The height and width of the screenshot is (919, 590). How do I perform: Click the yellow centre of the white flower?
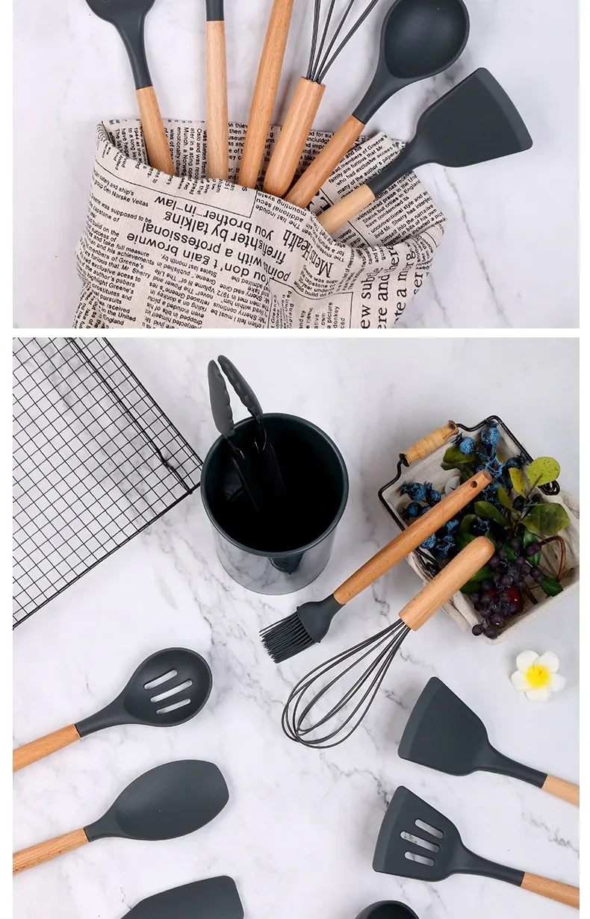[x=538, y=676]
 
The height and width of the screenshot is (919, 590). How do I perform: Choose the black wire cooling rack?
[x=90, y=463]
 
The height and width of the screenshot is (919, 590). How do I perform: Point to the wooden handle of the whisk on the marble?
[x=447, y=582]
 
